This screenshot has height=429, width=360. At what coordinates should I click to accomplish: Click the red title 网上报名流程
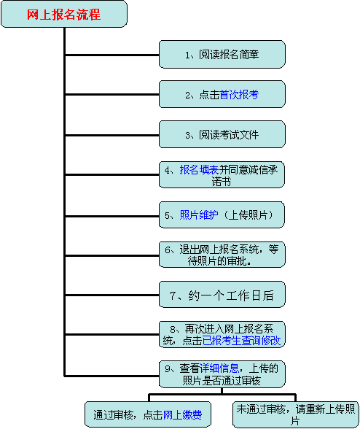tap(63, 15)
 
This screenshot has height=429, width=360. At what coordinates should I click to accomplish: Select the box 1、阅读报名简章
tap(222, 55)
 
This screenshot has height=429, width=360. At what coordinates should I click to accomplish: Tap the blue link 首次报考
tap(239, 95)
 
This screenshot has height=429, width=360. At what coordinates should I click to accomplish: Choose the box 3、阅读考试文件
tap(222, 134)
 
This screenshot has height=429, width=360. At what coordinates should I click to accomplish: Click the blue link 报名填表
tap(199, 170)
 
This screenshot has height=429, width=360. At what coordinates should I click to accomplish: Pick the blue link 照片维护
tap(199, 215)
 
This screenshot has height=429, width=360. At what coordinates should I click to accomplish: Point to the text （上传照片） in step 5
tap(249, 215)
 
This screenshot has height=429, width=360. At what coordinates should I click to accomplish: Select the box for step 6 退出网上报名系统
tap(222, 255)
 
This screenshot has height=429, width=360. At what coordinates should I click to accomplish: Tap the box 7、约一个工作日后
tap(222, 295)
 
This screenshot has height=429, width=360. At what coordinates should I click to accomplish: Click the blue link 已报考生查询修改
tap(241, 341)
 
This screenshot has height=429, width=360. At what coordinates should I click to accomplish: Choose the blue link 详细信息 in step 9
tap(219, 368)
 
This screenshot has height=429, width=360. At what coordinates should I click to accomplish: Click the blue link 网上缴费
tap(183, 415)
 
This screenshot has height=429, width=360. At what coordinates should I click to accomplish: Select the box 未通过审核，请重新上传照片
tap(296, 414)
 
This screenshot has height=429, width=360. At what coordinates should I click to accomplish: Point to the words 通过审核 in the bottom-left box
tap(113, 415)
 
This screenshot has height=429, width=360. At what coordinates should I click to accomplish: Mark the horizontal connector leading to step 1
tap(112, 55)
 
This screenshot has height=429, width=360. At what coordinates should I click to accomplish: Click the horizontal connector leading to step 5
tap(112, 216)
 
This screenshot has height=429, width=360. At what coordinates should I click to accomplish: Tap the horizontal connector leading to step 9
tap(112, 376)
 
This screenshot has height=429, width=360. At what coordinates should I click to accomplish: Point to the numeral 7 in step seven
tap(173, 295)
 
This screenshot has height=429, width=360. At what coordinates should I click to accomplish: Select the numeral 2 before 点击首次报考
tap(188, 95)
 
